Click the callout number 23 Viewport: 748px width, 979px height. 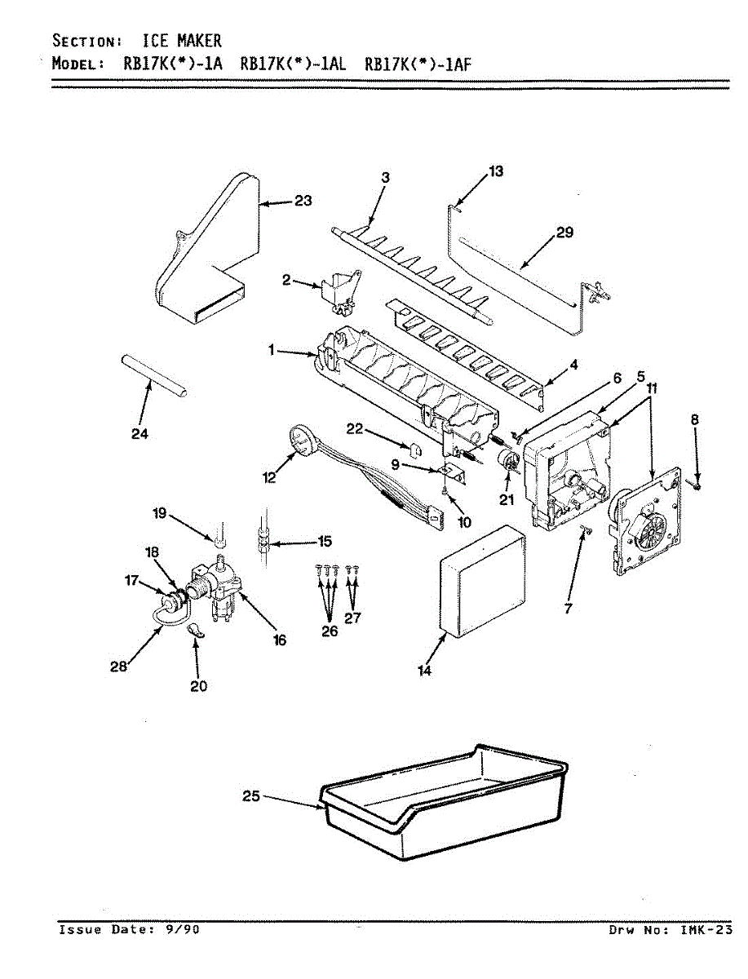[x=303, y=202]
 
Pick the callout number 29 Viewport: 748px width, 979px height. [x=564, y=233]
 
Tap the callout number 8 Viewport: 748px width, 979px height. [x=694, y=419]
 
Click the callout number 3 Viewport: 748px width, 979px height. [x=386, y=177]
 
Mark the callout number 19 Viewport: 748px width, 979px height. [x=159, y=513]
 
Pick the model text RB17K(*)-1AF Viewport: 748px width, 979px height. [x=418, y=65]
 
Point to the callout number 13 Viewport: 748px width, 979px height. [x=496, y=171]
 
